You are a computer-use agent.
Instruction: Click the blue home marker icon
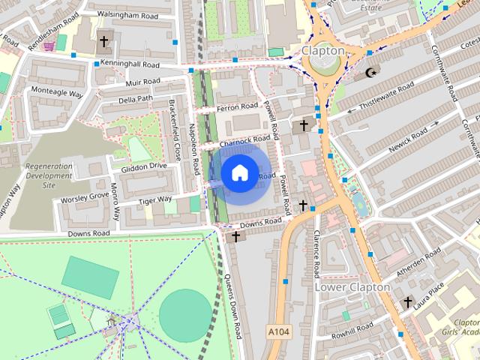click(238, 172)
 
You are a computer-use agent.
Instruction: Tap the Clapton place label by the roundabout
click(322, 51)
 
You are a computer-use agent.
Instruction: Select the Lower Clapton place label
click(352, 287)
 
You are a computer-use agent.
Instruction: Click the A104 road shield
click(277, 329)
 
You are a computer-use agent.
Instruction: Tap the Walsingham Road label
click(123, 15)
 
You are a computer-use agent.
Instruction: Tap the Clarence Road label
click(316, 253)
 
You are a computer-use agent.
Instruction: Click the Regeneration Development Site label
click(49, 175)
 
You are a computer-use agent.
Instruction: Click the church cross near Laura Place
click(408, 302)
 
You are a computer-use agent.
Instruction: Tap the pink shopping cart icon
click(49, 46)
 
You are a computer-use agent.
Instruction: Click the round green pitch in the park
click(184, 313)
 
